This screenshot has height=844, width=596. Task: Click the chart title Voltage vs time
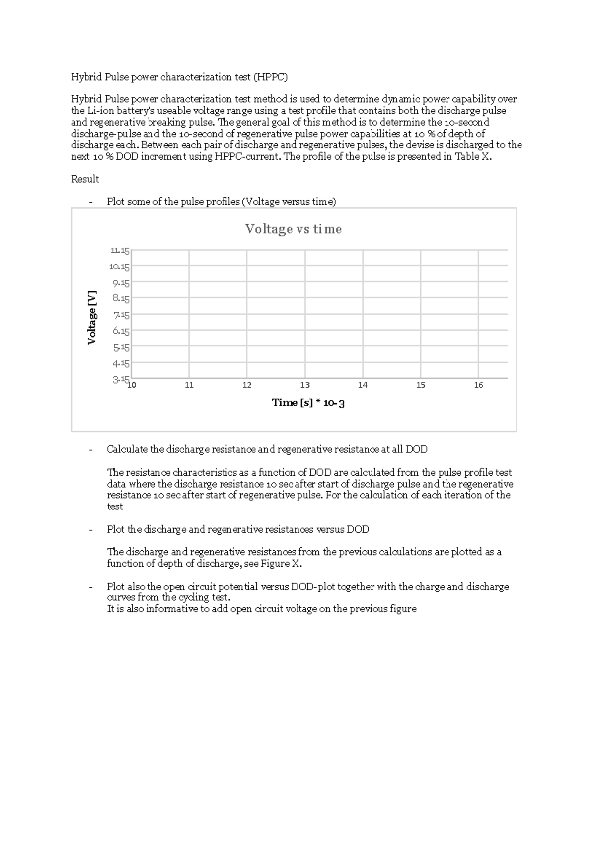pyautogui.click(x=293, y=229)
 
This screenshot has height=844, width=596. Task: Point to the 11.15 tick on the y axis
pyautogui.click(x=120, y=251)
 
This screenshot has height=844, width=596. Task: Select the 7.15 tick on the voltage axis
pyautogui.click(x=121, y=315)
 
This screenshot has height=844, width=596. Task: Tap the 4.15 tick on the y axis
pyautogui.click(x=121, y=363)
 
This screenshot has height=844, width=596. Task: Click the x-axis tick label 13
pyautogui.click(x=305, y=385)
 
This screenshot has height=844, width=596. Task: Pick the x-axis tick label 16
pyautogui.click(x=478, y=385)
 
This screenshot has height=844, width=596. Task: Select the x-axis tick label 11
pyautogui.click(x=189, y=385)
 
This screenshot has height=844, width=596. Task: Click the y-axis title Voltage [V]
pyautogui.click(x=91, y=318)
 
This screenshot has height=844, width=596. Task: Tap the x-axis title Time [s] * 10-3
pyautogui.click(x=308, y=403)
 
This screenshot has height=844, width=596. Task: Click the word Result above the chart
pyautogui.click(x=85, y=179)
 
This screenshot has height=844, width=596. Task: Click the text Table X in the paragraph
pyautogui.click(x=472, y=157)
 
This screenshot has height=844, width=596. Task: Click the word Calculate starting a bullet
pyautogui.click(x=127, y=450)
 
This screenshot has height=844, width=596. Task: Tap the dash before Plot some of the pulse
pyautogui.click(x=90, y=202)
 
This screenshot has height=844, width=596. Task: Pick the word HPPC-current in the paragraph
pyautogui.click(x=247, y=157)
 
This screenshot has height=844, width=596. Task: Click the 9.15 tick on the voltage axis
pyautogui.click(x=121, y=283)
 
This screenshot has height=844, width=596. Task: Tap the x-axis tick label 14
pyautogui.click(x=363, y=385)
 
